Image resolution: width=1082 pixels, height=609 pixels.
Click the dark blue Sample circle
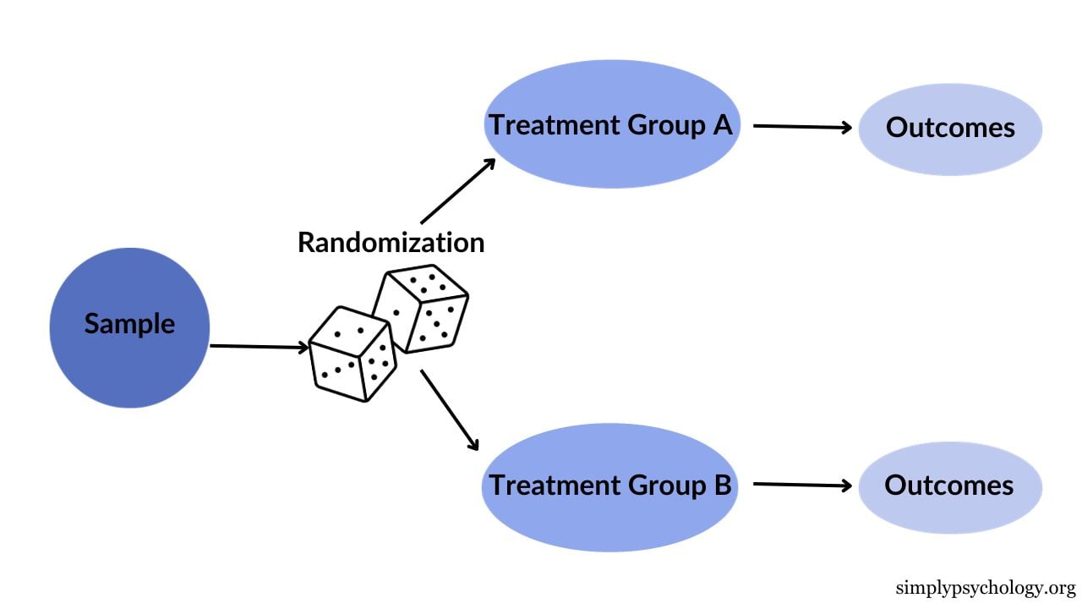129,327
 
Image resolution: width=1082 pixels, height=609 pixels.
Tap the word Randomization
391,243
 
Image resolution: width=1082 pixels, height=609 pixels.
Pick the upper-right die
422,309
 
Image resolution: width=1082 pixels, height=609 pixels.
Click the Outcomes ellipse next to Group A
950,129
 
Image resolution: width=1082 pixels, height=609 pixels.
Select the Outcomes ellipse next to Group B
950,487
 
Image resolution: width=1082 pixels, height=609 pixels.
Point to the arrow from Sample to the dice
258,346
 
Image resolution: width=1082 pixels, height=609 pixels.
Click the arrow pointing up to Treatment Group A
457,191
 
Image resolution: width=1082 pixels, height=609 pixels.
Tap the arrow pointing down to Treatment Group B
450,409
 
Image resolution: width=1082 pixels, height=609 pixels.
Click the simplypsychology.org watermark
985,588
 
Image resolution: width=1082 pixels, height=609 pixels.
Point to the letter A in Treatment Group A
722,125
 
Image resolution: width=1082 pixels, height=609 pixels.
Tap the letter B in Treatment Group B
722,486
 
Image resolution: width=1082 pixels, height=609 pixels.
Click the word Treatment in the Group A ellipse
555,125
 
